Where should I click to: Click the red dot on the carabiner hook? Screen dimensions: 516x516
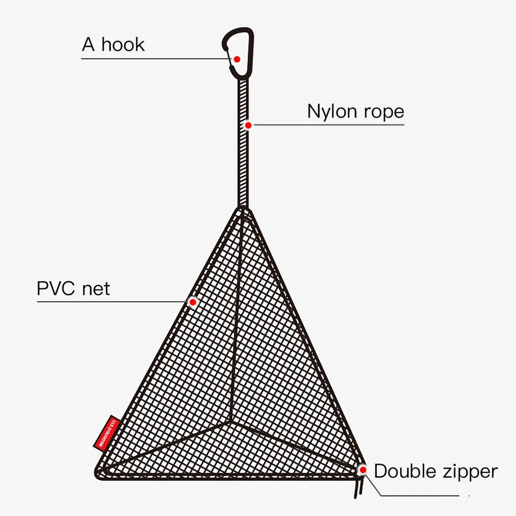pyautogui.click(x=237, y=59)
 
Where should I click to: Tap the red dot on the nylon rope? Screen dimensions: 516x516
pyautogui.click(x=248, y=125)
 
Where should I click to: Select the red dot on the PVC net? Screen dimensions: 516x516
pyautogui.click(x=193, y=302)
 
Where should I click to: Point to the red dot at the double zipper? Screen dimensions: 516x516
pyautogui.click(x=363, y=470)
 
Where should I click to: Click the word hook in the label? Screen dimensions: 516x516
pyautogui.click(x=123, y=45)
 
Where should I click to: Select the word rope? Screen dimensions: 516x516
pyautogui.click(x=384, y=112)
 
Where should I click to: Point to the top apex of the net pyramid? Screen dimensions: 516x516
pyautogui.click(x=243, y=209)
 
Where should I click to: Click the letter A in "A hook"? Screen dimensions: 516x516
pyautogui.click(x=89, y=45)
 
